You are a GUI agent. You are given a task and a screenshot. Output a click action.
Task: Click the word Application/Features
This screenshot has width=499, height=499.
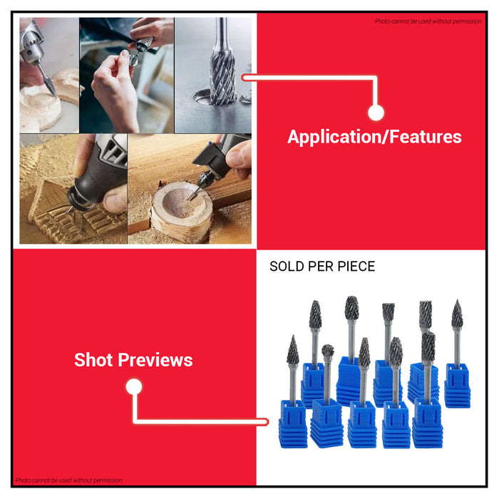(374, 137)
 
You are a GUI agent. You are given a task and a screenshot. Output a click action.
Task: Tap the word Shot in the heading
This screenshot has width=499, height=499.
(93, 360)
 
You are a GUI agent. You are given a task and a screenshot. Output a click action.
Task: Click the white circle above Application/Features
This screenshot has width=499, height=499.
(376, 113)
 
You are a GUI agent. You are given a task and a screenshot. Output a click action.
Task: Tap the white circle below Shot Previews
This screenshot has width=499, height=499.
(134, 387)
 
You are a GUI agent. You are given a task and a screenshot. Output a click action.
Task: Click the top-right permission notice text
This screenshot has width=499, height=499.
(428, 21)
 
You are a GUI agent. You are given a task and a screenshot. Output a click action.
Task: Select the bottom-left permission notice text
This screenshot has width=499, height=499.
(68, 480)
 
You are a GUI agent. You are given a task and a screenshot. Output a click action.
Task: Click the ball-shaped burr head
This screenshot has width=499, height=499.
(327, 351)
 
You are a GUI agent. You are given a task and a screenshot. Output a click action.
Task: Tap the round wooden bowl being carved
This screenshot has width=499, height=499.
(182, 210)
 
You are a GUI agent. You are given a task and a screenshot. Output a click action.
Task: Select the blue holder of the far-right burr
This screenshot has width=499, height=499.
(458, 386)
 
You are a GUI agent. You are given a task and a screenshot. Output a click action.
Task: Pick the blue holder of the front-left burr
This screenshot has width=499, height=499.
(293, 424)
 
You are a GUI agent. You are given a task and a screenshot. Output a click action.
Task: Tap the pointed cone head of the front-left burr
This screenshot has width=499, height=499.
(293, 350)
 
